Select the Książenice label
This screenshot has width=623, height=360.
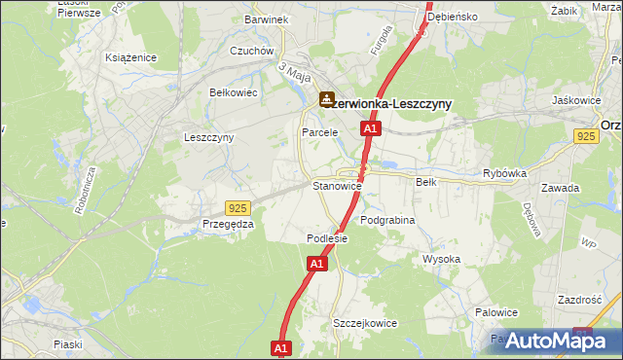131,57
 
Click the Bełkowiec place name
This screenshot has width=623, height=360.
233,92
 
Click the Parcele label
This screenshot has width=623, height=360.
319,131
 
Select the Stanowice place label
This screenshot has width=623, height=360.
337,185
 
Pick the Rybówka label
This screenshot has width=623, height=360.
504,173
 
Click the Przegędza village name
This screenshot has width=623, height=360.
228,223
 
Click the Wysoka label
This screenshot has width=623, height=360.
441,259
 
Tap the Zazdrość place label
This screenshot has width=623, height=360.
581,301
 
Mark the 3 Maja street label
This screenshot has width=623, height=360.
293,72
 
